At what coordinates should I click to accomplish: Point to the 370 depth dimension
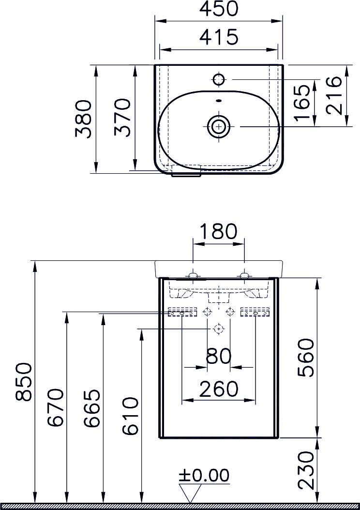pos(123,118)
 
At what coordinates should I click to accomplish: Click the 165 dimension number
pos(302,103)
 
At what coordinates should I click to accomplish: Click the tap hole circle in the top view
pos(219,79)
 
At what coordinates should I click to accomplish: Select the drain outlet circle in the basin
pos(219,126)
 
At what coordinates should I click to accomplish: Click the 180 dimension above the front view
pos(219,231)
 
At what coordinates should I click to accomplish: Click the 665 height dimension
pos(91,408)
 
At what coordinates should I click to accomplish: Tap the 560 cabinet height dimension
pos(306,358)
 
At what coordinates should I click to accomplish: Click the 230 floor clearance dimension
pos(306,470)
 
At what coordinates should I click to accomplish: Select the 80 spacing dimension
pos(219,357)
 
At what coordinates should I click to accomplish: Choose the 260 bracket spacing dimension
pos(219,389)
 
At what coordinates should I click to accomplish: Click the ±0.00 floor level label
pos(204,476)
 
